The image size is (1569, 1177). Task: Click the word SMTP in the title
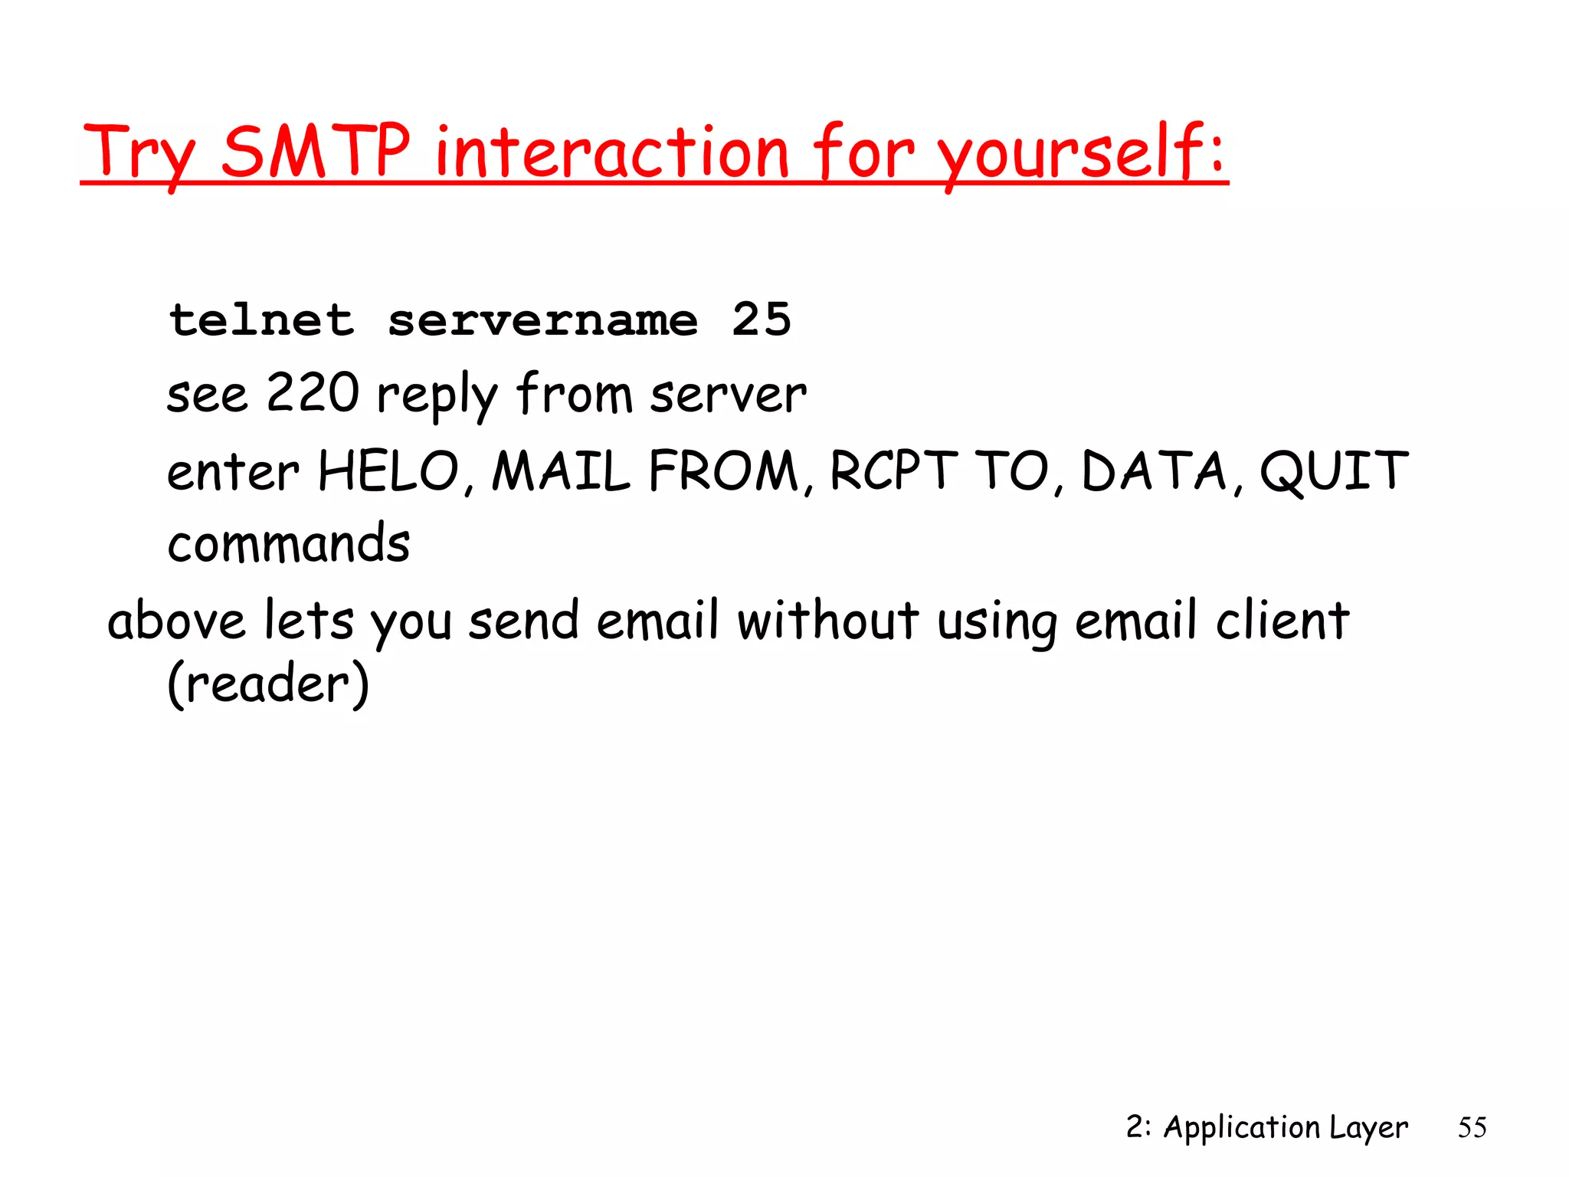pos(316,151)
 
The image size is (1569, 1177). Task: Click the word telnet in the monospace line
pos(262,320)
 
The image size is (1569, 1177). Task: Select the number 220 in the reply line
pos(313,393)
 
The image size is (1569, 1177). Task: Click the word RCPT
pos(893,470)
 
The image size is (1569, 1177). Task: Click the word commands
pos(289,543)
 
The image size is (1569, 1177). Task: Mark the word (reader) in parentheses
pos(268,684)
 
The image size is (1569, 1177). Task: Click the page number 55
pos(1472,1128)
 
